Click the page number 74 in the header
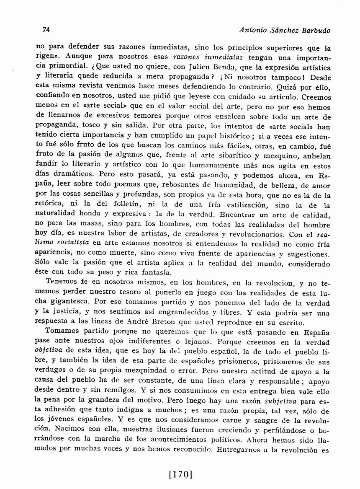(x=46, y=30)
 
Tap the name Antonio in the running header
(x=251, y=31)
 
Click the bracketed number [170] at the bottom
(x=180, y=474)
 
